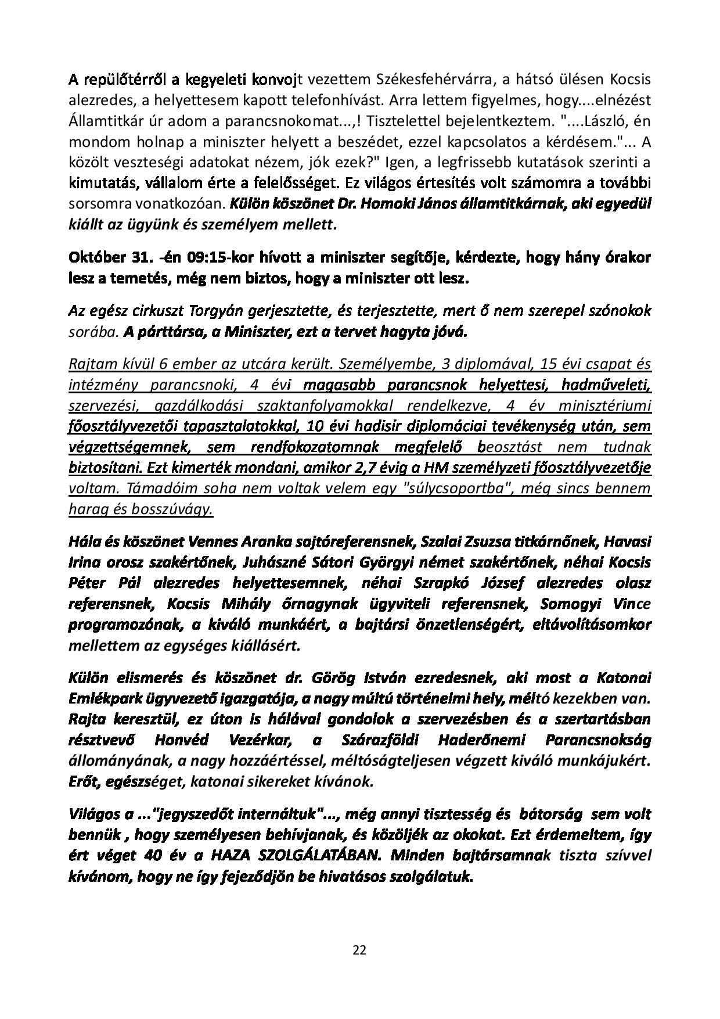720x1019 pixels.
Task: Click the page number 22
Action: coord(359,950)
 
